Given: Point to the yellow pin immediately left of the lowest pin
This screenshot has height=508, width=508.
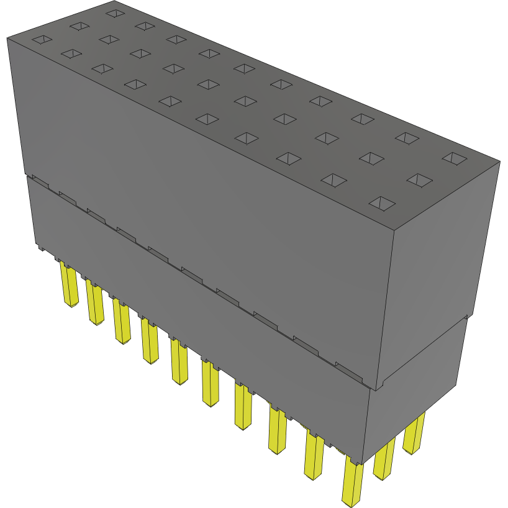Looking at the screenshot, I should [314, 456].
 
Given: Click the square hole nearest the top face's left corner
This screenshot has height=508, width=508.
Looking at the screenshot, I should [42, 40].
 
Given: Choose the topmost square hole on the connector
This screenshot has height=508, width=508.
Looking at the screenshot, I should [114, 12].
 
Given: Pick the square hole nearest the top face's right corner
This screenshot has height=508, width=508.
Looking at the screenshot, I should [455, 158].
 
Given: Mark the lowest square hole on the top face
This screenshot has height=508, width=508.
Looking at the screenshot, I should [382, 203].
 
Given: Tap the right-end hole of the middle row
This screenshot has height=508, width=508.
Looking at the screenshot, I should [419, 180].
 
